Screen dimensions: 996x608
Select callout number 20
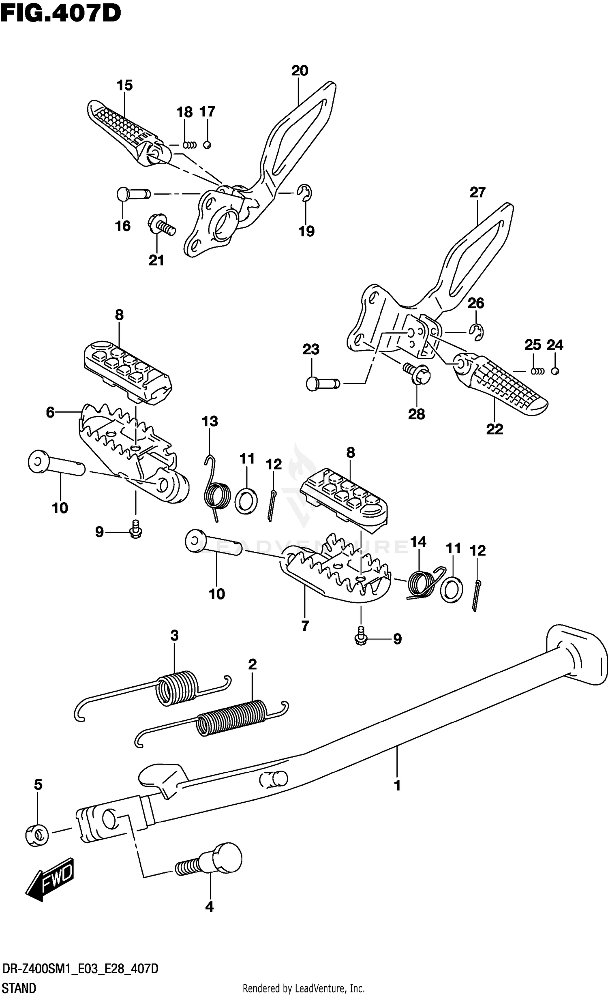(x=300, y=71)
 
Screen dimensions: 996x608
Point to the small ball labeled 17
(x=207, y=145)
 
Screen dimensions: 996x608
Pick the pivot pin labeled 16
(x=133, y=194)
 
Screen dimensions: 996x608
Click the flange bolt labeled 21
(x=161, y=225)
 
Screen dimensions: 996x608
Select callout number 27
(x=477, y=192)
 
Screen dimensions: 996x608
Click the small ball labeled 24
(x=555, y=371)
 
